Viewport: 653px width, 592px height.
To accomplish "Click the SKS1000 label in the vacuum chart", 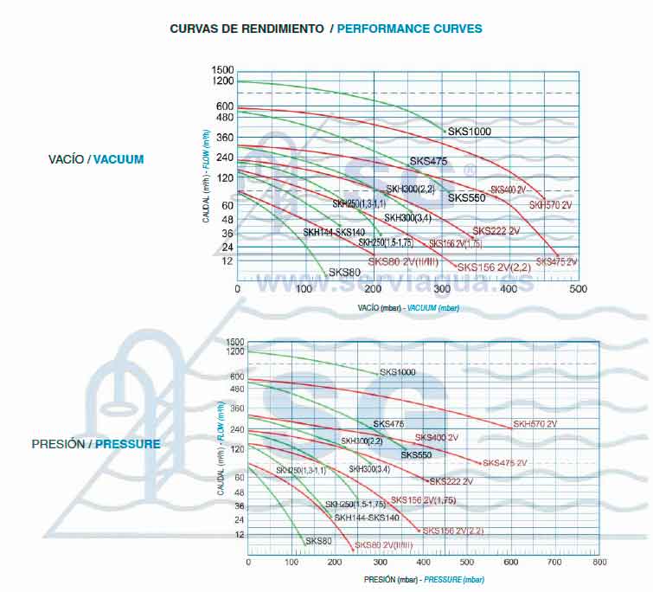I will point(470,132).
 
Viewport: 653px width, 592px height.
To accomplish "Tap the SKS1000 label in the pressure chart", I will point(398,372).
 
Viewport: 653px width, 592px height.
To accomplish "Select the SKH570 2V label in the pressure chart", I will point(535,424).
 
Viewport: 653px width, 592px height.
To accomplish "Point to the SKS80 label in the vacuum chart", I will point(344,272).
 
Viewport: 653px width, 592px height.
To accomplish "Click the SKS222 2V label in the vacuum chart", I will point(496,231).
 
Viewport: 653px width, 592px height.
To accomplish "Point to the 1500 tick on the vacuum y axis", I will point(222,70).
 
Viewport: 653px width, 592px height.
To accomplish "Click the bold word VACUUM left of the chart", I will point(118,159).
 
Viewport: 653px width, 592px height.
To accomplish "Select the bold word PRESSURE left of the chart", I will point(128,444).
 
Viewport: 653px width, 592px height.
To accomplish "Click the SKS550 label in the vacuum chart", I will point(466,198).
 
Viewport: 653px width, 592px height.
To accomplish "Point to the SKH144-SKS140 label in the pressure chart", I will point(367,518).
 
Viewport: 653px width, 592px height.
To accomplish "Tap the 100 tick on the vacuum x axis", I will point(305,288).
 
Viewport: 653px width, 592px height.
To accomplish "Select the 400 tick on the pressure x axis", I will point(423,563).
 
